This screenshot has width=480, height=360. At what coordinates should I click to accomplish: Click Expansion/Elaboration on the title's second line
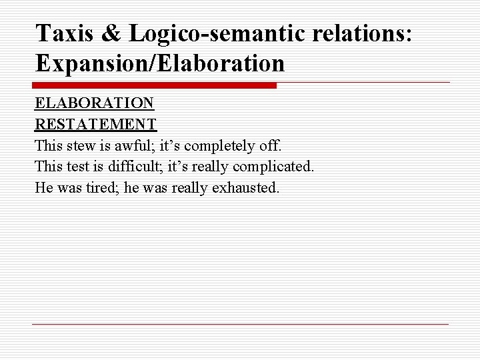pyautogui.click(x=160, y=63)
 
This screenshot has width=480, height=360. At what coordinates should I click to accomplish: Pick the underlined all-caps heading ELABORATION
pyautogui.click(x=95, y=103)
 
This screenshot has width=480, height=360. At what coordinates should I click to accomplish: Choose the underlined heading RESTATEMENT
pyautogui.click(x=96, y=124)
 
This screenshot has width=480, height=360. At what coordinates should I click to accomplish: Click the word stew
pyautogui.click(x=82, y=145)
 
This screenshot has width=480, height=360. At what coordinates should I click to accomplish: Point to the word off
pyautogui.click(x=272, y=145)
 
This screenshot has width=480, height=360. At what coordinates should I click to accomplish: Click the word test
pyautogui.click(x=79, y=166)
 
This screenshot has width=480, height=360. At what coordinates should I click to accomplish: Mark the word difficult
pyautogui.click(x=135, y=166)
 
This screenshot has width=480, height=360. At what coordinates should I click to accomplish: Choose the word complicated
pyautogui.click(x=275, y=166)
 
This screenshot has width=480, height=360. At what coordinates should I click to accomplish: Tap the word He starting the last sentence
pyautogui.click(x=43, y=187)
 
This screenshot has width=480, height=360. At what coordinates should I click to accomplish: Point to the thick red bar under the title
pyautogui.click(x=154, y=85)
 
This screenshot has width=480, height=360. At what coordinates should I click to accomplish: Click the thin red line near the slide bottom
pyautogui.click(x=240, y=324)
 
